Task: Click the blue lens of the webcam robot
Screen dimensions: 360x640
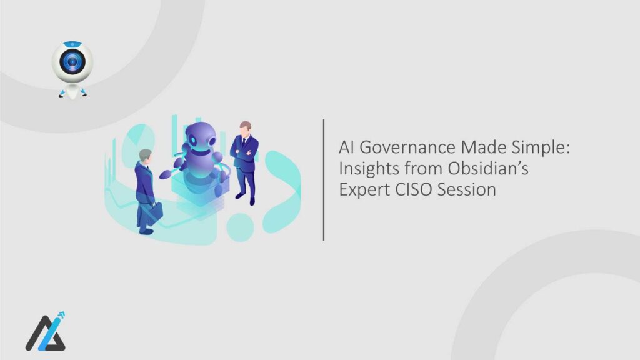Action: point(72,62)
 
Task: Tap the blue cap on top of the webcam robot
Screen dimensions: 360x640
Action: point(72,44)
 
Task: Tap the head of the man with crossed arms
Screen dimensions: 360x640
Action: point(245,126)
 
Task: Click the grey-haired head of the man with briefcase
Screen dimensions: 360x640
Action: point(145,155)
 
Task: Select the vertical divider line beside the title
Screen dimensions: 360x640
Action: point(324,179)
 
